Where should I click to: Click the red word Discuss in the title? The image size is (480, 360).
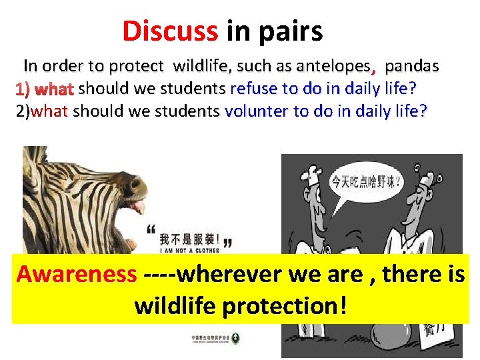coord(170,31)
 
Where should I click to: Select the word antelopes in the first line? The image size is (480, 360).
coord(333,66)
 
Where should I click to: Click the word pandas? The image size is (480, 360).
coord(412,66)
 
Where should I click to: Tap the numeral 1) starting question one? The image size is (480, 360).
coord(24,89)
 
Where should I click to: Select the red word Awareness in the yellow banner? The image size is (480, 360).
coord(76,273)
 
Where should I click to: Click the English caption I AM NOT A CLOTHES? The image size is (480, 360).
coord(189,252)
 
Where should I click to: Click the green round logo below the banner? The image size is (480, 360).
coord(235,339)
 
